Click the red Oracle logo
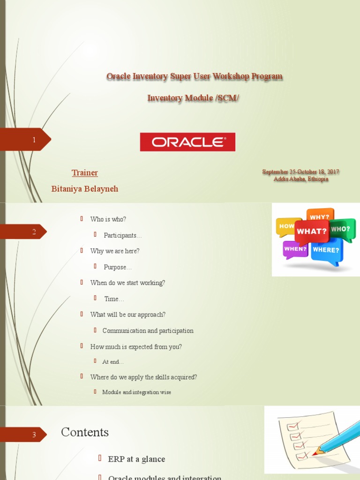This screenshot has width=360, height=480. [x=187, y=142]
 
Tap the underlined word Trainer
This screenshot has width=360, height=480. [x=85, y=173]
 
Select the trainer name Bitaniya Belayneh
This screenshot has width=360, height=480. [x=85, y=189]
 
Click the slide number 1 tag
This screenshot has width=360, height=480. [x=34, y=140]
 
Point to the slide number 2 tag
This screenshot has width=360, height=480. [x=34, y=232]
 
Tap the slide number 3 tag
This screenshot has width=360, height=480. [x=34, y=435]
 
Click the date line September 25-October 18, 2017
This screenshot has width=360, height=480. [x=300, y=172]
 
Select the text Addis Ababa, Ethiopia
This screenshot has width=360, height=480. [x=301, y=179]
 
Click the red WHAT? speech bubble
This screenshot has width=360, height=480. [x=311, y=232]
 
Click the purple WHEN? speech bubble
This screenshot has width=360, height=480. [x=295, y=249]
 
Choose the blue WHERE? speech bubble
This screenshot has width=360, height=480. [x=326, y=250]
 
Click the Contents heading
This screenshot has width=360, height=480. [x=85, y=432]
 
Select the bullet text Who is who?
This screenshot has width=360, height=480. [x=108, y=219]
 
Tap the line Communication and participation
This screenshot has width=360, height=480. [x=148, y=331]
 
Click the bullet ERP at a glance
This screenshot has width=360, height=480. [x=136, y=459]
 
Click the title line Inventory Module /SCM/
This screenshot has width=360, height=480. [x=193, y=98]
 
